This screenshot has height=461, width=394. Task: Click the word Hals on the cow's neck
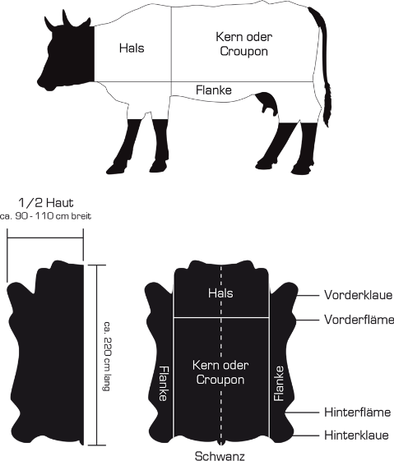tap(132, 48)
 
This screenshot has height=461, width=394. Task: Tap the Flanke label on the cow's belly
tap(214, 90)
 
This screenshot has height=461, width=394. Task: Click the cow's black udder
tap(268, 104)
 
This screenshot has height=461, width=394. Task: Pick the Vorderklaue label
tap(358, 295)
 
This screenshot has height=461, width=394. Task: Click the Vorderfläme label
tap(359, 320)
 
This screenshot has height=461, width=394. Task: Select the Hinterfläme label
tap(358, 413)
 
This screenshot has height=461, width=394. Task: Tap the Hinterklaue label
tap(356, 436)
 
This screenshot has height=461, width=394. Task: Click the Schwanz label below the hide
tap(220, 456)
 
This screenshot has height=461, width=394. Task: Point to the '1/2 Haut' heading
tap(46, 203)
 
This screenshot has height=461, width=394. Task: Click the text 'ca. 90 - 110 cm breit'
tap(45, 216)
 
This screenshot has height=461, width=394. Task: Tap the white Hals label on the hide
tap(220, 293)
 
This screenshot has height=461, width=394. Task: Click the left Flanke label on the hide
tap(163, 384)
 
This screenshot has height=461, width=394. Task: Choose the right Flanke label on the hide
tap(279, 384)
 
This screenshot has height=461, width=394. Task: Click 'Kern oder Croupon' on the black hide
tap(220, 372)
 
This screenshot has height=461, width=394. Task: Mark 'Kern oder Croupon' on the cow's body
tap(244, 44)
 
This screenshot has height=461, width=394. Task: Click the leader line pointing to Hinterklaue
tap(306, 436)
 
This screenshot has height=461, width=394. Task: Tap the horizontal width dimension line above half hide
tap(45, 237)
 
